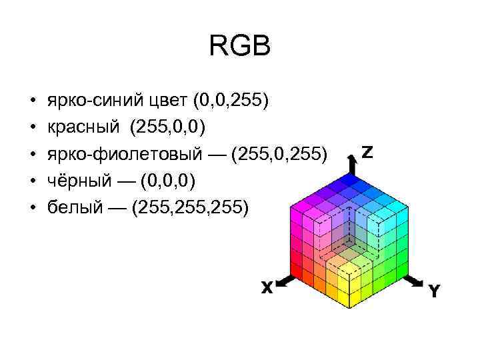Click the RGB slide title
pos(240,47)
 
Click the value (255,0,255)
pos(279,155)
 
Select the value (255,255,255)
pos(191,208)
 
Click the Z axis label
pos(367,152)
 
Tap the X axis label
pos(267,288)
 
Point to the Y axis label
pos(434,291)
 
